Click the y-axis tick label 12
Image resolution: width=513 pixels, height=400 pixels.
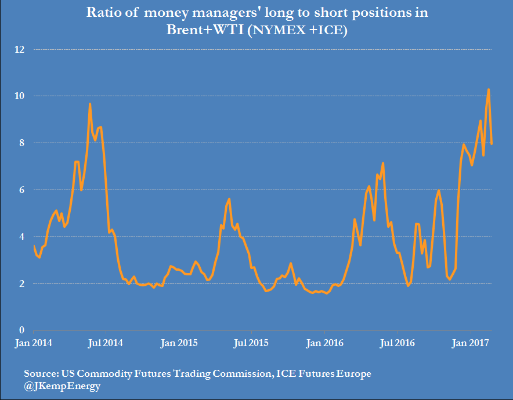20,50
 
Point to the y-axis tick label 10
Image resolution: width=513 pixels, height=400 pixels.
20,96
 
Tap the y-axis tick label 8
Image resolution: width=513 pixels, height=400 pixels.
22,143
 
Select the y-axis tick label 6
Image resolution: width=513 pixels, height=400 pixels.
22,190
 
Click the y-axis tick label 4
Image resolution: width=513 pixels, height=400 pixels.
22,237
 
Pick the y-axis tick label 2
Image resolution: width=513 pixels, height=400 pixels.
22,284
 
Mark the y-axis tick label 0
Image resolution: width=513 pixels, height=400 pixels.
22,330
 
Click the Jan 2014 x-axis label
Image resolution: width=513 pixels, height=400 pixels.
32,343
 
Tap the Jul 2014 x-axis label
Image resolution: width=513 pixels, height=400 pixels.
104,343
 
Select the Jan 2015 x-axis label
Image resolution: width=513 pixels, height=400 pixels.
178,343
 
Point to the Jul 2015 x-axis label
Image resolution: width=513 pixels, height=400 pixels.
251,343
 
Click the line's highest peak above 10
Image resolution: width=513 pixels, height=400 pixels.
489,89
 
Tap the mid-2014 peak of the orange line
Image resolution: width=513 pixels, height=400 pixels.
90,104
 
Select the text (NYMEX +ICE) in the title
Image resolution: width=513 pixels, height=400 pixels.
298,31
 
